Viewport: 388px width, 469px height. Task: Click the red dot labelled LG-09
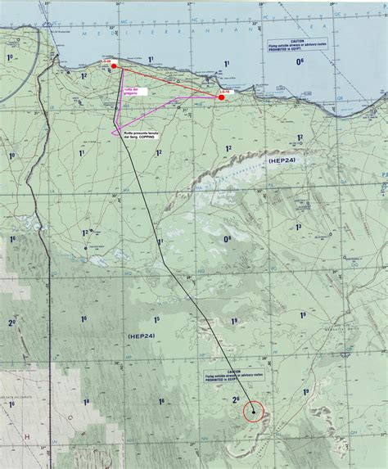[115, 65]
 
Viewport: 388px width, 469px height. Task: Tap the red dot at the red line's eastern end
[222, 97]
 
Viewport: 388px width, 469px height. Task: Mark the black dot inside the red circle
[256, 412]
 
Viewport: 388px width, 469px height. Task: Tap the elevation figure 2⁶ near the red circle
[237, 400]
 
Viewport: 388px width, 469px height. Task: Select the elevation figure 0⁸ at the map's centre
[227, 238]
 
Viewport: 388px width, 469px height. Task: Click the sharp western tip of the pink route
[111, 131]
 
